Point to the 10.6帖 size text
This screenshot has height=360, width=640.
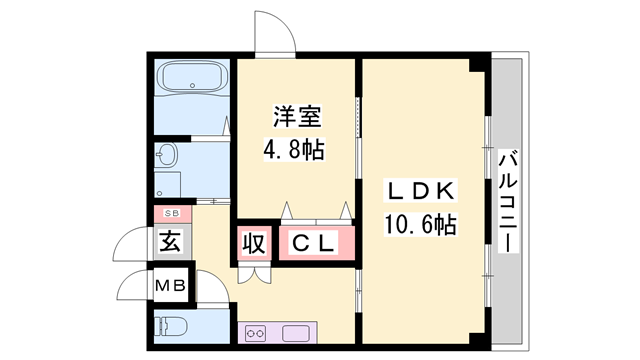421,225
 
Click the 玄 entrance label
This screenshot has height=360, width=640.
170,242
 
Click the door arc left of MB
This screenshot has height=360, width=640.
133,285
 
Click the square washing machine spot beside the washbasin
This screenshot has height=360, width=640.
167,186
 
